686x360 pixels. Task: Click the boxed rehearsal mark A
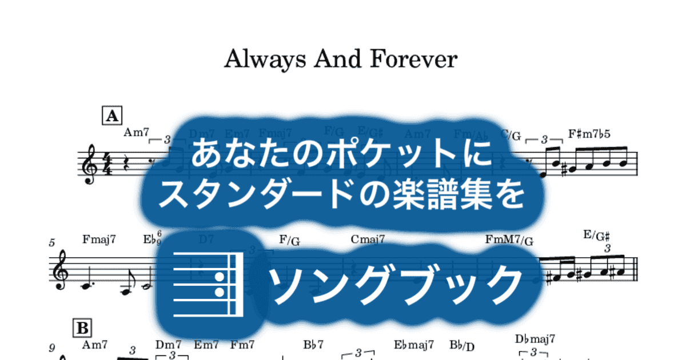(x=110, y=116)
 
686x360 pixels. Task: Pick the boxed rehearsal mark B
(x=82, y=328)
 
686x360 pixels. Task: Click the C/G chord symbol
(x=512, y=135)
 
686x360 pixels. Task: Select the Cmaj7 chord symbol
(x=368, y=239)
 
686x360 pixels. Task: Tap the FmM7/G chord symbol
(x=509, y=240)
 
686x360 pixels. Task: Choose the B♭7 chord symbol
(x=313, y=345)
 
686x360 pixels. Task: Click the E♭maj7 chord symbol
(x=414, y=345)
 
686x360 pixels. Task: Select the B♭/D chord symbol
(x=461, y=345)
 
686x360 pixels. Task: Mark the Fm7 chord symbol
(x=242, y=345)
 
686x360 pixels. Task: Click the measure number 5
(x=52, y=243)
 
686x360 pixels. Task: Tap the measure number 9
(x=52, y=347)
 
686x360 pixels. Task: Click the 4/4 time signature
(x=107, y=165)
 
